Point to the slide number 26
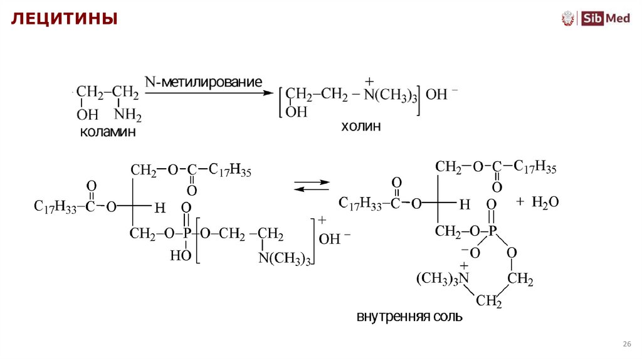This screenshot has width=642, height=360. pos(626,344)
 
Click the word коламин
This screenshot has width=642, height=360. pos(108,132)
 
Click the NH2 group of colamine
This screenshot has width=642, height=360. pos(129,115)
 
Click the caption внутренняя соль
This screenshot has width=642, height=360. pos(409,316)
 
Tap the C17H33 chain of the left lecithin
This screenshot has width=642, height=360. pos(55,207)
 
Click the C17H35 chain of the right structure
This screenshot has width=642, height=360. pos(535,167)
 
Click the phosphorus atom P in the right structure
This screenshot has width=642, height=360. pos(492,231)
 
